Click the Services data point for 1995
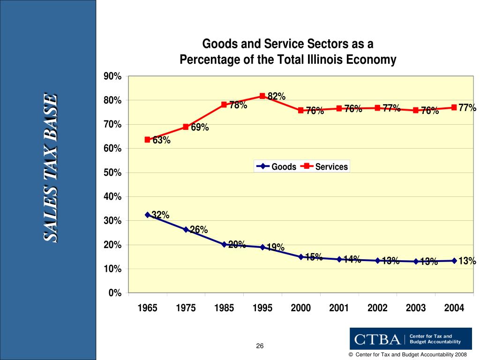pyautogui.click(x=262, y=96)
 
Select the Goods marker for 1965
pyautogui.click(x=148, y=215)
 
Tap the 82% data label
pyautogui.click(x=277, y=97)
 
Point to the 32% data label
pyautogui.click(x=160, y=215)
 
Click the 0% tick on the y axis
pyautogui.click(x=115, y=293)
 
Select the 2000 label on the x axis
pyautogui.click(x=301, y=308)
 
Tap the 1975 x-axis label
pyautogui.click(x=186, y=308)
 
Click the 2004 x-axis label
pyautogui.click(x=454, y=308)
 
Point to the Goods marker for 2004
pyautogui.click(x=454, y=261)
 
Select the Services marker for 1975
pyautogui.click(x=186, y=127)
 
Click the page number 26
pyautogui.click(x=260, y=346)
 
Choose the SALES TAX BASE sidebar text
pyautogui.click(x=51, y=167)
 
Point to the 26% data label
pyautogui.click(x=199, y=230)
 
